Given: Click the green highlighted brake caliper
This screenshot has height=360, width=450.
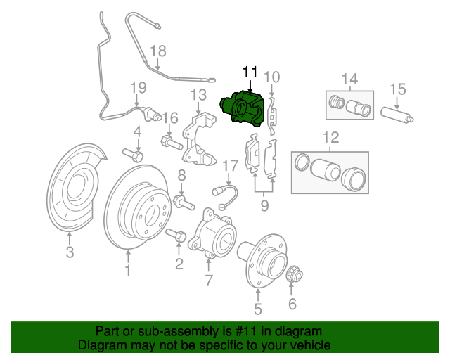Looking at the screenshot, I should pos(244,110).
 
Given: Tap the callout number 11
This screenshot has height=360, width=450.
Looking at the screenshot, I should pos(250,72).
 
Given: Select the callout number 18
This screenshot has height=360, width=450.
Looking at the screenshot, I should pos(158,51).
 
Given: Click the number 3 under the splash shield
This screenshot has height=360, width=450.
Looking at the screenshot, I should pos(69,253).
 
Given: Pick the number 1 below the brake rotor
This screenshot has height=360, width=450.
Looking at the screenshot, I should pos(127,270).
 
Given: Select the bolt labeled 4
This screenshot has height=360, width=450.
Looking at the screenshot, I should pos(134,153).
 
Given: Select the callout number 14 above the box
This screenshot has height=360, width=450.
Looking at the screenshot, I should pos(349,78).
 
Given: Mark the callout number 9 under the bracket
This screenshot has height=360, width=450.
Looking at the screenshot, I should pos(264,206).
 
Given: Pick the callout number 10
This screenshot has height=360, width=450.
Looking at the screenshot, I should pos(271,77).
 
